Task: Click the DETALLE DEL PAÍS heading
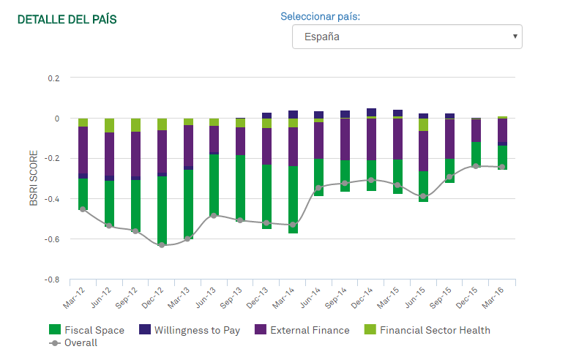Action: pos(67,19)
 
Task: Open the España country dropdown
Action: pos(407,37)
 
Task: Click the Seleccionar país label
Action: pos(320,17)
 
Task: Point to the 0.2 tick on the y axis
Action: pos(53,78)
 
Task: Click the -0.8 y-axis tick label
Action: pos(52,280)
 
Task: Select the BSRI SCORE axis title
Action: pos(34,179)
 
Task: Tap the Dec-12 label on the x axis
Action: pos(152,298)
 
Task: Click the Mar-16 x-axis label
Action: pos(493,298)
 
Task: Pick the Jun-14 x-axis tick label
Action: pos(310,298)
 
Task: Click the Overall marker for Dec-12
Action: pos(162,245)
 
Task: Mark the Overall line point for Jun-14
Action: pos(319,188)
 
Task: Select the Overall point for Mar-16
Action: pos(502,167)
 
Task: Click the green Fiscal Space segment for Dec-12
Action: pos(162,211)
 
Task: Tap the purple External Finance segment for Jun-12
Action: pos(109,154)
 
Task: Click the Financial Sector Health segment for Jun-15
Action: pos(423,124)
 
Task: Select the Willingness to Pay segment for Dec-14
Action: pos(371,112)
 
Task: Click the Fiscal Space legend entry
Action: pos(86,330)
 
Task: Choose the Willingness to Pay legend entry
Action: pos(190,330)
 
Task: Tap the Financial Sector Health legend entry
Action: pos(427,330)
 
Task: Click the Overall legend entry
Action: pos(73,343)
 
